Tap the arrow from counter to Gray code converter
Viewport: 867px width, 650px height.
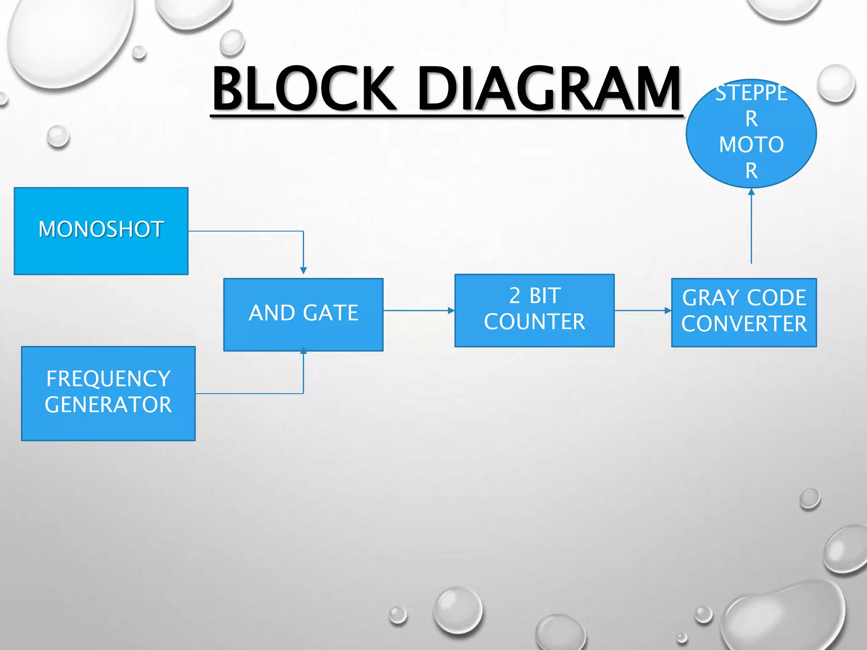642,310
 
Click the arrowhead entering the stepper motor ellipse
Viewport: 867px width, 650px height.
751,192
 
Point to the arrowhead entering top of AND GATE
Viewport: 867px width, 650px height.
303,270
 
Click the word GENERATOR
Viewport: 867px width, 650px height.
108,405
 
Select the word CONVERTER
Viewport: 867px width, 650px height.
744,324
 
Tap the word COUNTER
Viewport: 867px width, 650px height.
534,322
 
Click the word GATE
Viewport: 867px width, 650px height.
331,313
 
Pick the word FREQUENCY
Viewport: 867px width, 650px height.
108,379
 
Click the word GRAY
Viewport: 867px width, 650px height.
703,298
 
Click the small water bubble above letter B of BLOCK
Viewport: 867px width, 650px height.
232,42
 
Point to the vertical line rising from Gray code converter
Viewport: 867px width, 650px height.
751,229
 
